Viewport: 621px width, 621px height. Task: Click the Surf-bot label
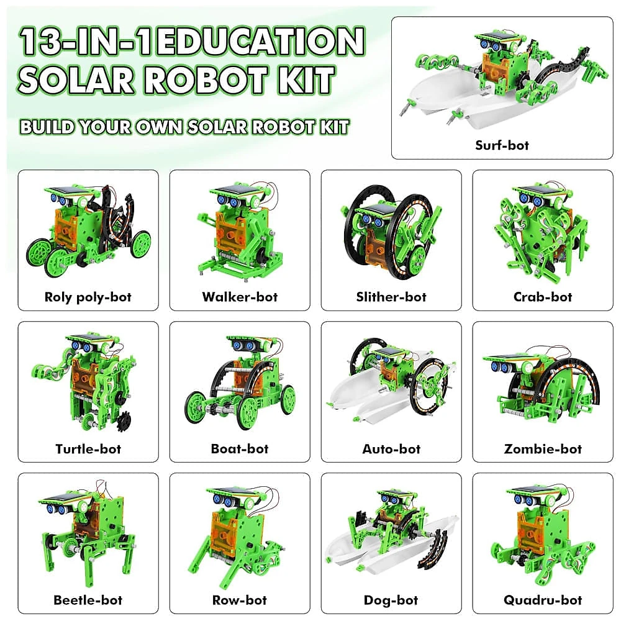(x=502, y=145)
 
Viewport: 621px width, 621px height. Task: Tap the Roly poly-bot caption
(x=88, y=297)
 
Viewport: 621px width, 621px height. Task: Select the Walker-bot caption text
(x=240, y=297)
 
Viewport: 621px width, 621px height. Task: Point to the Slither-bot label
(x=391, y=297)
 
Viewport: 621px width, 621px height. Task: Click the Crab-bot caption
(x=543, y=297)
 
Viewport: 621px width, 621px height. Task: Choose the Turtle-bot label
(x=88, y=449)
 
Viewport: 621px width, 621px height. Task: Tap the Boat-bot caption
(x=240, y=448)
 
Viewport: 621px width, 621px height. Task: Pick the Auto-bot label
(x=391, y=449)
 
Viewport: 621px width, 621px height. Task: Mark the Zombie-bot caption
(x=543, y=449)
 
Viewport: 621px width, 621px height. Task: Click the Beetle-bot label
(x=88, y=600)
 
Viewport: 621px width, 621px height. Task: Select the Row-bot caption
(x=240, y=600)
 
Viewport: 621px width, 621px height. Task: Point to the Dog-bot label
(x=391, y=601)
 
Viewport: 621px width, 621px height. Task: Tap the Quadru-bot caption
(x=543, y=600)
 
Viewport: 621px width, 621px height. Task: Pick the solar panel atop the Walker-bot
(x=233, y=191)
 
